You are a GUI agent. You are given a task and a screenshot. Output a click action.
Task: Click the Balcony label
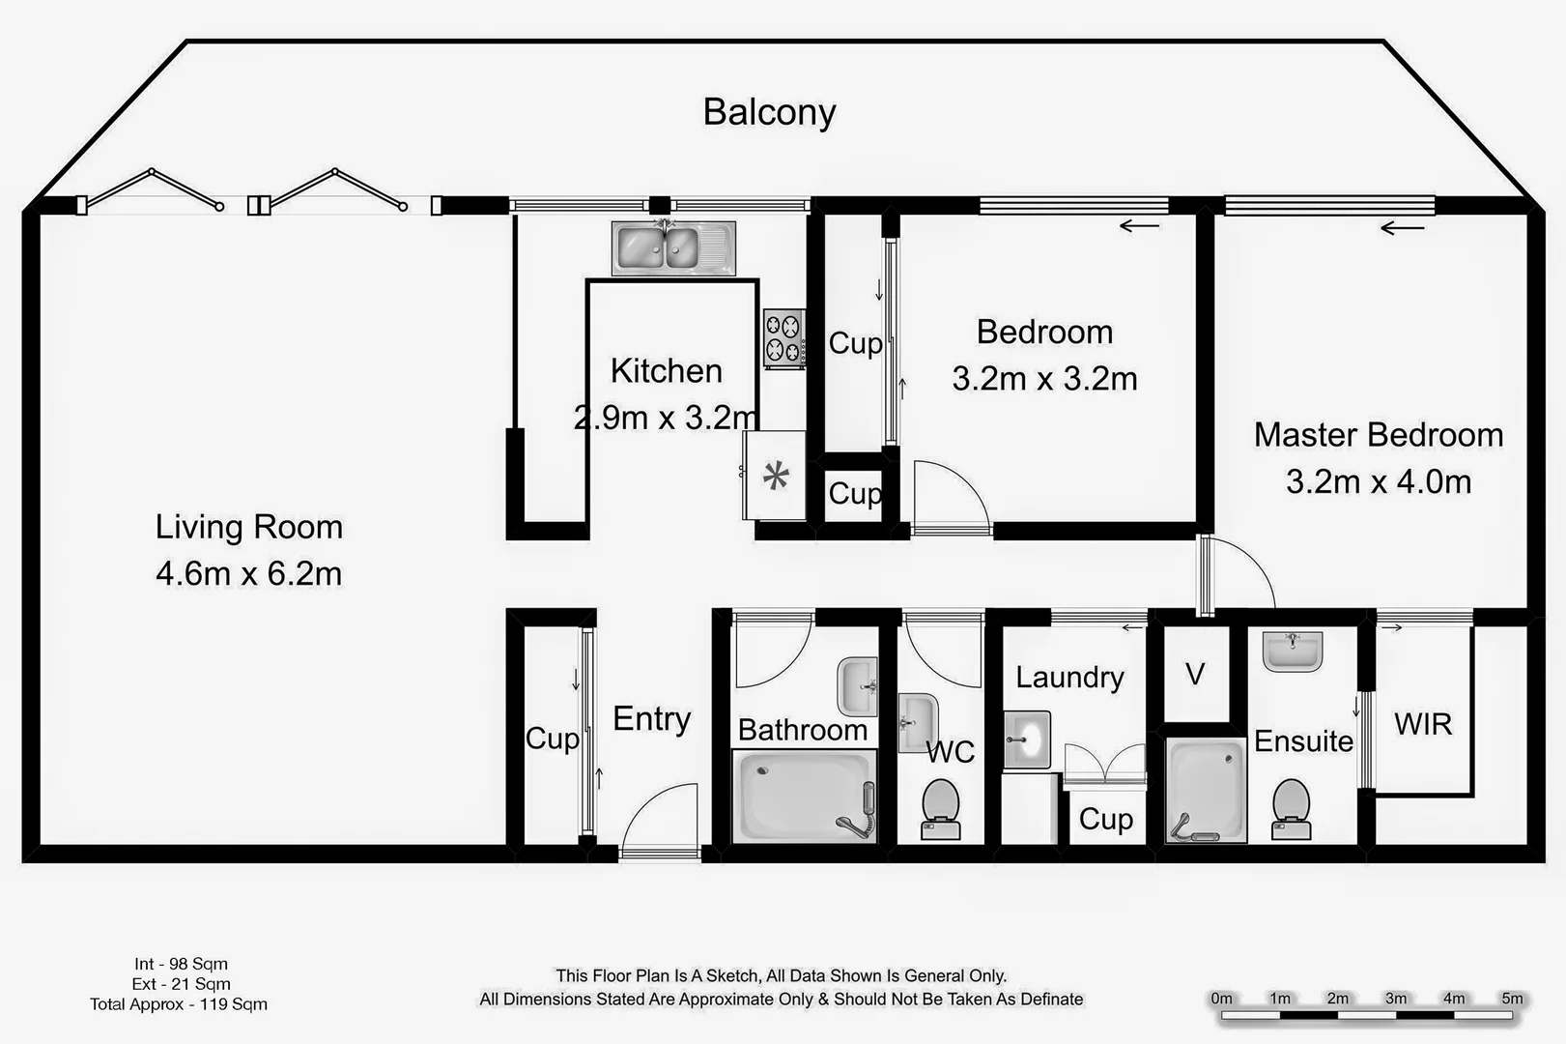point(769,112)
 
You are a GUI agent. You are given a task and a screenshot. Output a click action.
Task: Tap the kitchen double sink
point(673,247)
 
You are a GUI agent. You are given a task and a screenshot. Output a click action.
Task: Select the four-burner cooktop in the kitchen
point(783,338)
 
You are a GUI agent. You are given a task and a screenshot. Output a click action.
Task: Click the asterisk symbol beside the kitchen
point(776,476)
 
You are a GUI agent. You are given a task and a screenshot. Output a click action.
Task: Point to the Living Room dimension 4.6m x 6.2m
point(249,573)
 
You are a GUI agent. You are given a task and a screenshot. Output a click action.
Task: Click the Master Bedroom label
point(1379,435)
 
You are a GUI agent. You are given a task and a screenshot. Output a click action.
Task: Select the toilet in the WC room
point(940,809)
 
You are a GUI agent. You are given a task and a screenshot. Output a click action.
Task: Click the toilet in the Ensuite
point(1291,809)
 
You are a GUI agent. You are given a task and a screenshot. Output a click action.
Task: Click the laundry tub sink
point(1026,739)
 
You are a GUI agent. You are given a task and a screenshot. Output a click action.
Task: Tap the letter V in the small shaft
point(1195,674)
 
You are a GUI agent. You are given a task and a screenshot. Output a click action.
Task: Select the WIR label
point(1423,724)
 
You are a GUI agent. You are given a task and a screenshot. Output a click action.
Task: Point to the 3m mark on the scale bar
point(1396,999)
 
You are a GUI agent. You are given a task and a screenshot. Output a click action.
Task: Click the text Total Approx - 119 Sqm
point(179,1004)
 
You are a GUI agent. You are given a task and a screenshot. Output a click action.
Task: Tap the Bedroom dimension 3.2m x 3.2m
point(1044,379)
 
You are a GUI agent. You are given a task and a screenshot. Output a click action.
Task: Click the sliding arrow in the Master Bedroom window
point(1402,229)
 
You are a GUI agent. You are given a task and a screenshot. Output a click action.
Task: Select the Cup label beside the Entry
point(552,739)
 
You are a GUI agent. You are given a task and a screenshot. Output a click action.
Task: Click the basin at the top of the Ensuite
point(1292,652)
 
